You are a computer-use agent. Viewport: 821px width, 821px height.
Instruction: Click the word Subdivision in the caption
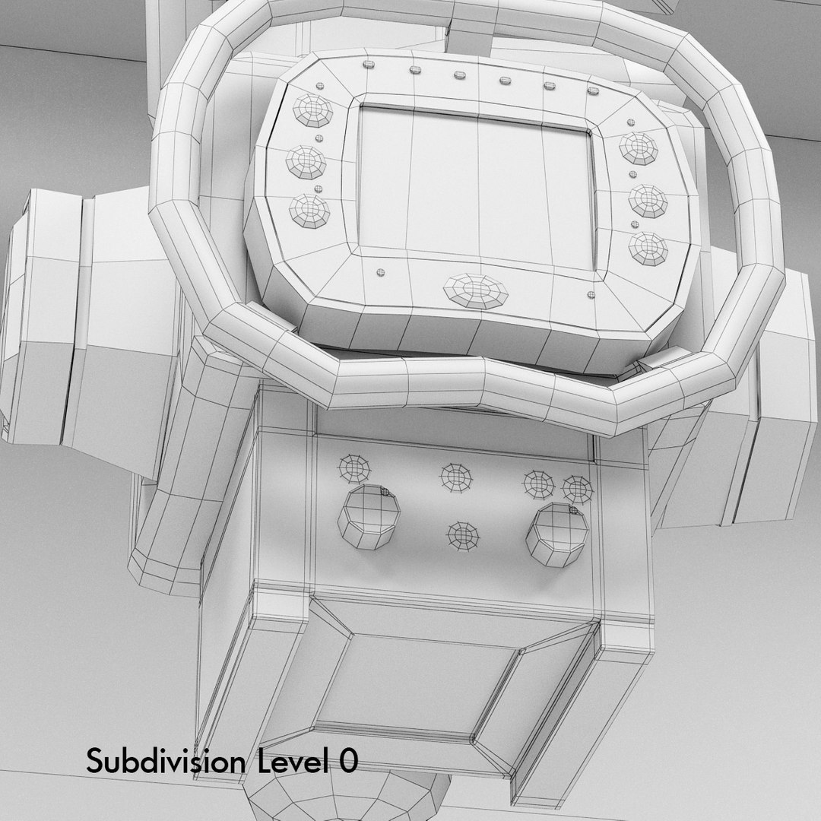pos(166,761)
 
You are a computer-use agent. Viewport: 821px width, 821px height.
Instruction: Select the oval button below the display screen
pos(475,290)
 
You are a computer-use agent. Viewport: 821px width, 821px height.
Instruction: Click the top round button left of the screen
pos(312,110)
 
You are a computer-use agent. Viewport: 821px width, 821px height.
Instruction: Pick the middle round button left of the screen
pos(306,163)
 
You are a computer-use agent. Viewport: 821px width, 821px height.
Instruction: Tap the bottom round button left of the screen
pos(310,211)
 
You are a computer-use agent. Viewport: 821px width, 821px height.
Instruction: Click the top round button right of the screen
pos(639,148)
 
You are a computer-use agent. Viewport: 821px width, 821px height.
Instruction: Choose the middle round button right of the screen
pos(648,201)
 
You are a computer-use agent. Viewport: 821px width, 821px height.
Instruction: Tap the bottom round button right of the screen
pos(648,249)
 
